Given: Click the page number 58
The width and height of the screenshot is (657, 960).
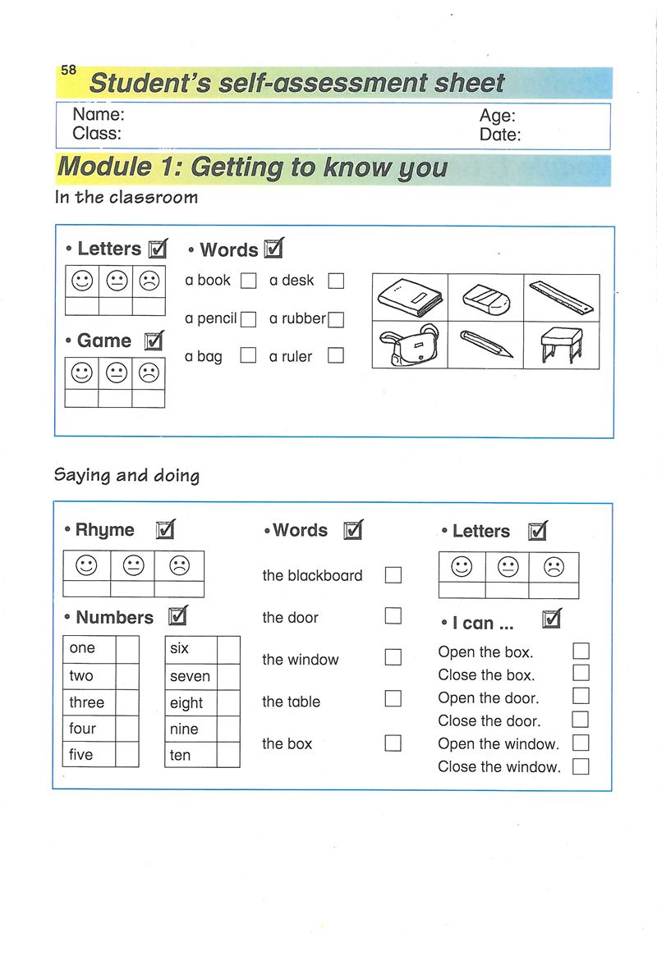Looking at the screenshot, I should pos(68,71).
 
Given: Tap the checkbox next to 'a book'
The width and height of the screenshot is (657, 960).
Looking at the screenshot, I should pos(249,281).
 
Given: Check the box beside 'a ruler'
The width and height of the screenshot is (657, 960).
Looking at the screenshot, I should pos(335,356).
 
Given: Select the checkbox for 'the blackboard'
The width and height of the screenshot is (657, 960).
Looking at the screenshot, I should pos(393,574).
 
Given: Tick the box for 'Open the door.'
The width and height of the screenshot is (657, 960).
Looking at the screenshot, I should pos(581,697).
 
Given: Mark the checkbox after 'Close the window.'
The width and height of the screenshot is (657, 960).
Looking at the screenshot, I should pos(581,766).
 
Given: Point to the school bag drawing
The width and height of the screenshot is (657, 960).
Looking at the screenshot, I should pos(409,345).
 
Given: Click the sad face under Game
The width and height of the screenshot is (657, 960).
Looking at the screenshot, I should pos(149,373).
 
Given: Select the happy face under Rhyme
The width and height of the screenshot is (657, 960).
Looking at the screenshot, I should pos(86,565).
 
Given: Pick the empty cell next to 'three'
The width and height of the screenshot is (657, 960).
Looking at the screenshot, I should pos(127,702).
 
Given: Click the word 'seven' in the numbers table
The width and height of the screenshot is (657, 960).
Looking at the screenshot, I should pos(190,676).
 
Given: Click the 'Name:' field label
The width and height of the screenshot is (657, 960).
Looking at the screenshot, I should pos(98,115).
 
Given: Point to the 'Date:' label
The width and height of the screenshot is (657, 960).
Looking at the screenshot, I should pos(500,135).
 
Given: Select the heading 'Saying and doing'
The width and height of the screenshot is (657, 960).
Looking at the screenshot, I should pos(126,476).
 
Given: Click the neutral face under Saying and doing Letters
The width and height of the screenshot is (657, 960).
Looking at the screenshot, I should pos(508,566).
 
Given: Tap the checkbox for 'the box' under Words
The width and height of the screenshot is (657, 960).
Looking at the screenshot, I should pos(393,743).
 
